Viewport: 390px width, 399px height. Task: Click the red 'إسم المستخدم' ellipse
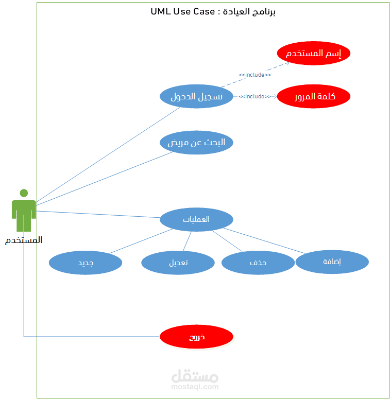tap(313, 54)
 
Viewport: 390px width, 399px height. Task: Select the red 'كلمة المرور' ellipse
tap(313, 96)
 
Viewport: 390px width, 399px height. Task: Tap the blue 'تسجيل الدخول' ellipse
tap(196, 96)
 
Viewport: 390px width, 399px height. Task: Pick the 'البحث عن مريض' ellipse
tap(196, 143)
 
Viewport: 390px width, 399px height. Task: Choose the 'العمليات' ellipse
tap(196, 219)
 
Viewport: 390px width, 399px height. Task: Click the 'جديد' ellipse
tap(86, 263)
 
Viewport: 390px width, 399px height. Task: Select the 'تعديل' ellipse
tap(178, 263)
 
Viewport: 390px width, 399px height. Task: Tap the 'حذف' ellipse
tap(258, 263)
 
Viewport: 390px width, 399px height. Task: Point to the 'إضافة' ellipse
tap(332, 262)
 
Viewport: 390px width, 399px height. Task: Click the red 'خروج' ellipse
tap(196, 337)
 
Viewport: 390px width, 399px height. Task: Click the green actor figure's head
tap(24, 194)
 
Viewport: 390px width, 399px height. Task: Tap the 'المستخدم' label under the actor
tap(24, 240)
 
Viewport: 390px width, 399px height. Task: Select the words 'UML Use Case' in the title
tap(182, 11)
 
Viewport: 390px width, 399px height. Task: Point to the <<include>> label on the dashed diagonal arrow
tap(255, 75)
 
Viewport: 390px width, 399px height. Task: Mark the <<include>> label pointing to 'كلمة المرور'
tap(255, 96)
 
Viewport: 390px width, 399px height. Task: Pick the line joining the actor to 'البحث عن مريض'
tap(103, 178)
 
